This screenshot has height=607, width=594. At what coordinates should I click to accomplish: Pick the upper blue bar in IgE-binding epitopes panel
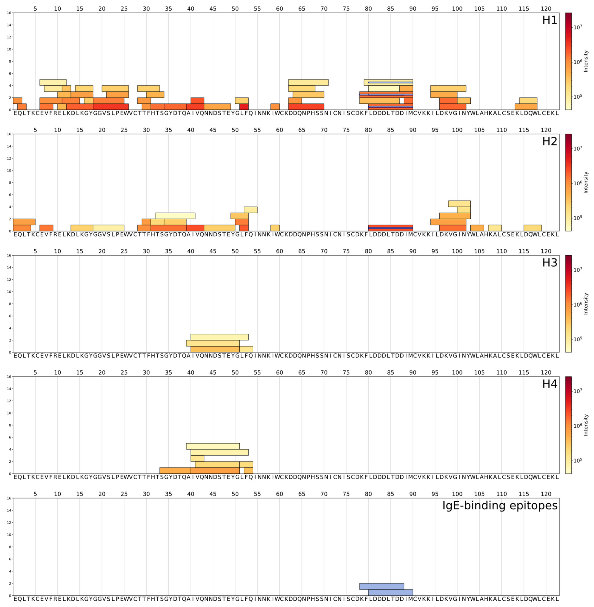coord(382,586)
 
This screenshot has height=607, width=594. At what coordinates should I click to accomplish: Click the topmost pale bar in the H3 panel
coord(219,337)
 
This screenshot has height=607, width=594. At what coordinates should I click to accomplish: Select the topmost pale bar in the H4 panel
coord(213,446)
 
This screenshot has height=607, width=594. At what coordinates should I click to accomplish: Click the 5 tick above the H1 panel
coord(35,9)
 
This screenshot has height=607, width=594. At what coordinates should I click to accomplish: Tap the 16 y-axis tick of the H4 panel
coord(9,377)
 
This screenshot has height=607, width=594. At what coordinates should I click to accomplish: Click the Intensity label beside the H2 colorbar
coord(586,183)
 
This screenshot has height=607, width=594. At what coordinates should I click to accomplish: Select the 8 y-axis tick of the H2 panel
coord(9,183)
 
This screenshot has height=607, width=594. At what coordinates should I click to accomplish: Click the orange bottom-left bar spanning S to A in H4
coord(175,470)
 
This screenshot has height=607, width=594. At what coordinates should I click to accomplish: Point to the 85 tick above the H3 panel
coord(390,251)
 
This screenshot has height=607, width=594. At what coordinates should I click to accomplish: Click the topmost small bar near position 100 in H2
coord(459,203)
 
